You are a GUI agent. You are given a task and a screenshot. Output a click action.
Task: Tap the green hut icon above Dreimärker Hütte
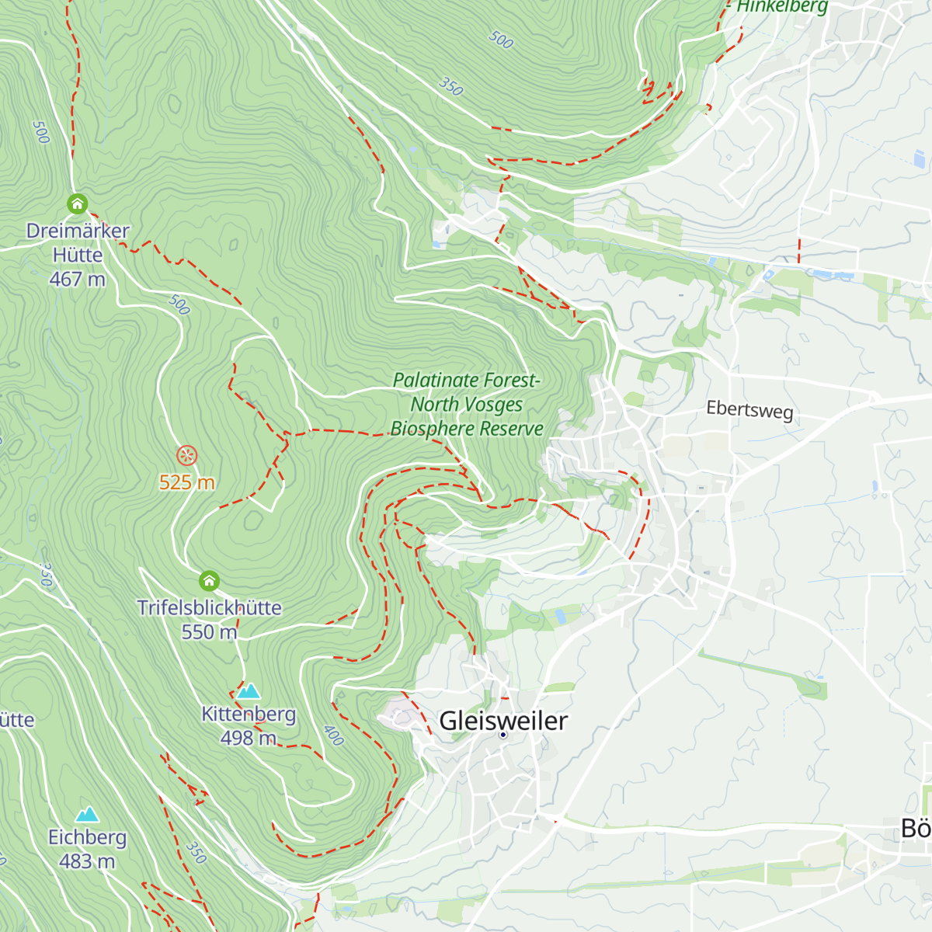[x=77, y=204]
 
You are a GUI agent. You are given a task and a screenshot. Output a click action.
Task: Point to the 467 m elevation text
[x=78, y=279]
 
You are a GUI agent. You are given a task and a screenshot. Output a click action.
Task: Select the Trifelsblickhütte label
[x=209, y=607]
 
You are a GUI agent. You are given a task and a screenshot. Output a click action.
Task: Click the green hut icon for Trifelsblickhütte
[x=209, y=580]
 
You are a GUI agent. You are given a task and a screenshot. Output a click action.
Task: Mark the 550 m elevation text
[x=209, y=632]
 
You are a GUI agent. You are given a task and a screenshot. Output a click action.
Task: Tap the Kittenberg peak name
[x=249, y=714]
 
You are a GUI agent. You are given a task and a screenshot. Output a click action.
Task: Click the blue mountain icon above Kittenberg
[x=249, y=691]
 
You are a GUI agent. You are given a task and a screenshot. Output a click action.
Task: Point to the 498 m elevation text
[x=248, y=738]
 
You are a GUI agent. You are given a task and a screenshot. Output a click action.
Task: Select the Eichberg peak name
[x=87, y=837]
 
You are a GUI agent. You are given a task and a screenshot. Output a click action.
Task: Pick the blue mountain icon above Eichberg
[x=87, y=814]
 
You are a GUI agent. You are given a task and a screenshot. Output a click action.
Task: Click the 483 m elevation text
[x=87, y=861]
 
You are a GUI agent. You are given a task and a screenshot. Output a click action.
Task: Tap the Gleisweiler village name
[x=503, y=721]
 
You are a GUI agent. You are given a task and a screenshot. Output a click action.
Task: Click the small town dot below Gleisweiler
[x=503, y=735]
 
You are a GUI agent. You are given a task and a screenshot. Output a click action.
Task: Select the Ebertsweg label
[x=749, y=409]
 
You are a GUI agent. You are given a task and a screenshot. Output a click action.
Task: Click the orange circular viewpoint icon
[x=186, y=455]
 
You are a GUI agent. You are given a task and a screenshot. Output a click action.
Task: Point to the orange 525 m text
[x=186, y=482]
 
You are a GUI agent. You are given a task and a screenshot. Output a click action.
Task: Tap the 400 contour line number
[x=333, y=735]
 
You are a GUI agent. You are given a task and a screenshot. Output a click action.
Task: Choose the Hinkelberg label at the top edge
[x=782, y=7]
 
